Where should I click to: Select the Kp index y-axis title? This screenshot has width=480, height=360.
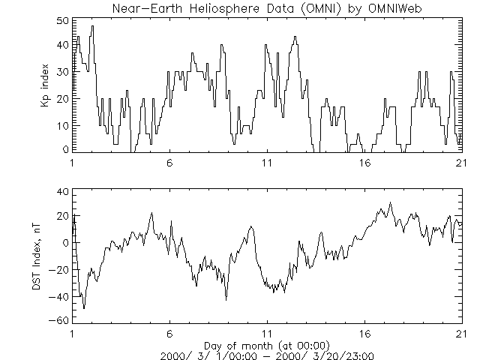click(x=46, y=85)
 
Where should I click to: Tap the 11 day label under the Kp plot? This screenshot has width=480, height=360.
click(x=267, y=162)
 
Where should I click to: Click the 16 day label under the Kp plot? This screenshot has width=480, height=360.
click(x=364, y=162)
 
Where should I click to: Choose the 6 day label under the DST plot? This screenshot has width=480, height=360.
click(x=169, y=334)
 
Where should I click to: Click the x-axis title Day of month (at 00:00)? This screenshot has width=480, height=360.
click(x=267, y=345)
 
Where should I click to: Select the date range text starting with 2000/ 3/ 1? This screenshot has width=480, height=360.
click(x=267, y=355)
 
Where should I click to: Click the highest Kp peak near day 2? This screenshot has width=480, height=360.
click(x=92, y=26)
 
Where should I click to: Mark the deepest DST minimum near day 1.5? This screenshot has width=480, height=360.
click(x=84, y=308)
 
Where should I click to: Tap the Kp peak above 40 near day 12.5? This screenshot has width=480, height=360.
click(x=295, y=36)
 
